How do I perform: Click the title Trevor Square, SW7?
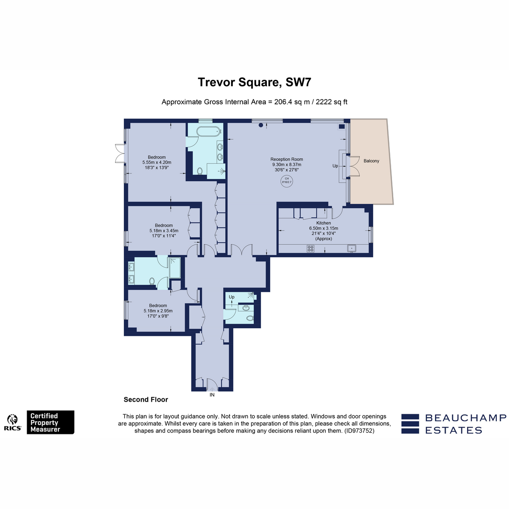pos(255,82)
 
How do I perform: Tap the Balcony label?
pos(371,161)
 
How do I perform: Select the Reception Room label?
pos(287,159)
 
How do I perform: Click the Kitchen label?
pos(324,223)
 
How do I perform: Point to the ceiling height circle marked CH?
pos(287,181)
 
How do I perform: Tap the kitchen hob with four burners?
pos(310,249)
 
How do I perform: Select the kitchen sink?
pos(352,249)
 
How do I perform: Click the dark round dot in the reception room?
pos(261,125)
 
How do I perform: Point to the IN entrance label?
pos(212,395)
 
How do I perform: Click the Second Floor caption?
pos(146,400)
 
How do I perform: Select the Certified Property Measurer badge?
pos(50,422)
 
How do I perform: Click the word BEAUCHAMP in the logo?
pos(466,418)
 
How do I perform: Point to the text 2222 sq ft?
pos(332,102)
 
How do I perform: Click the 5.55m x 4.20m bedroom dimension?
pos(157,162)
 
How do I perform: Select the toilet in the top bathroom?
pos(200,171)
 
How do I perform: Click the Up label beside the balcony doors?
pos(335,166)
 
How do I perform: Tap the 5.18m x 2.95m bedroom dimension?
pos(158,311)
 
